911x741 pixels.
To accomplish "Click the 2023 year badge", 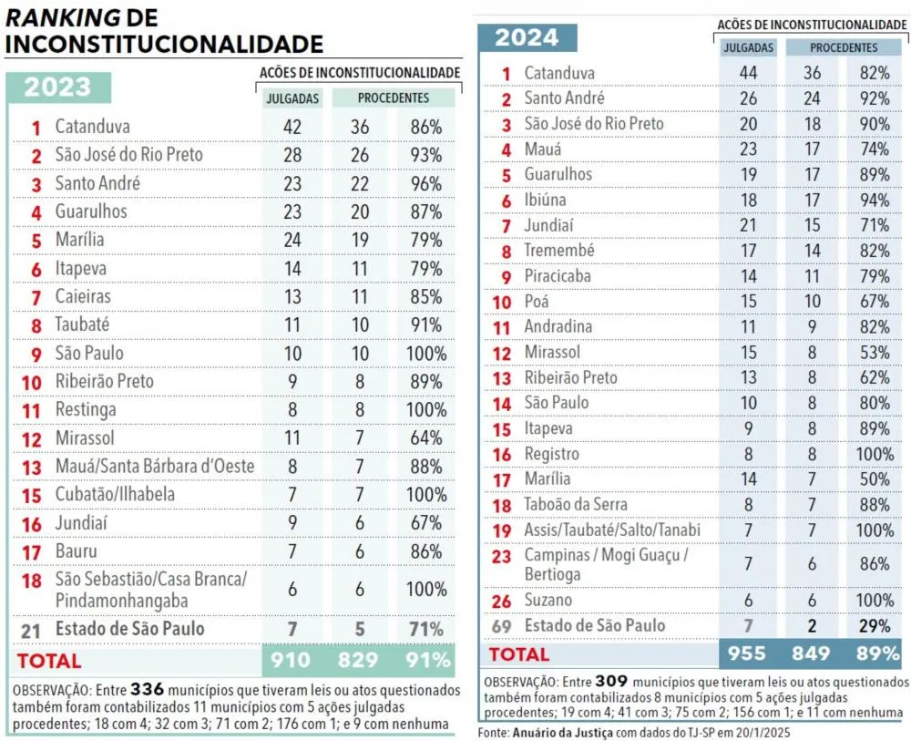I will point(57,87).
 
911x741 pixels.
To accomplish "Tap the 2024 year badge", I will point(527,38).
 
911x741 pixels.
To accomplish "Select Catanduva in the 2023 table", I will point(92,127).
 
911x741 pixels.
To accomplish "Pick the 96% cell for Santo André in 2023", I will point(425,183).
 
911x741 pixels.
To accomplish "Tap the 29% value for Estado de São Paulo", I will point(875,625).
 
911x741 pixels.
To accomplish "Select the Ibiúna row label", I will point(545,199).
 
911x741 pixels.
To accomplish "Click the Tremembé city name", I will point(558,250).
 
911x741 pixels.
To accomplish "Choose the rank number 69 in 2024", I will point(502,626).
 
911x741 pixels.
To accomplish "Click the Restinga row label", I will point(86,409).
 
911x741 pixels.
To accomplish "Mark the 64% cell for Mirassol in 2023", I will point(425,437).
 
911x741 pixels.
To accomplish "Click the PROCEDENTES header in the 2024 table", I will point(844,47).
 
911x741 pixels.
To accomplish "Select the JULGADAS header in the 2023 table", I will point(292,98).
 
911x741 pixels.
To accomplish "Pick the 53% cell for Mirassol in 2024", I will point(875,352).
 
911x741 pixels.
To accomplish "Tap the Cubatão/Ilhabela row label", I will point(114,494).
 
